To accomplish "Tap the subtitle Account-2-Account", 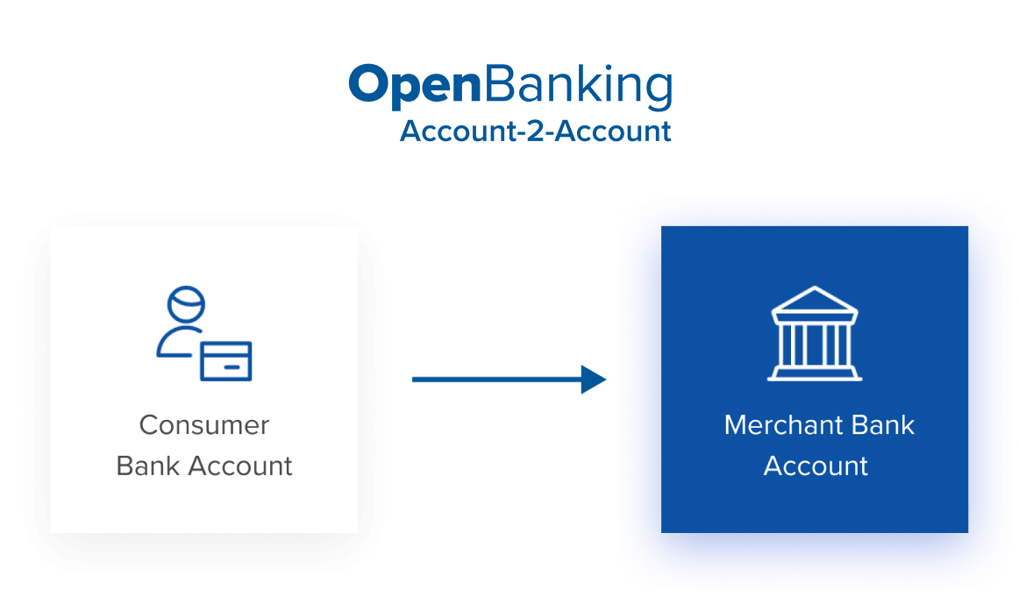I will coord(535,131).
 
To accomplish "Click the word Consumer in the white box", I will coord(203,425).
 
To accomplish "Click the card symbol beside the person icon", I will coord(225,360).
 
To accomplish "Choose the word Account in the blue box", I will coord(816,466).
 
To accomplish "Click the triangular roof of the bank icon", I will coord(814,302).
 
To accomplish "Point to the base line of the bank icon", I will coord(815,377).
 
